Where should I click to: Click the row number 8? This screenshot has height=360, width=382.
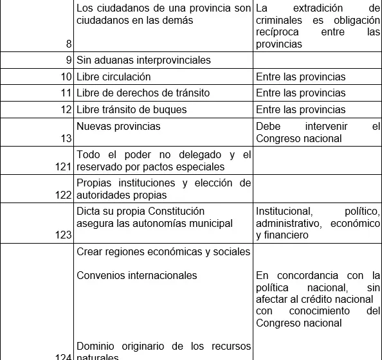pyautogui.click(x=68, y=44)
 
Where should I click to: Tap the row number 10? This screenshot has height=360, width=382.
pyautogui.click(x=66, y=77)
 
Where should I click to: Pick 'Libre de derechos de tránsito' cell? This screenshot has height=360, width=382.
pyautogui.click(x=143, y=93)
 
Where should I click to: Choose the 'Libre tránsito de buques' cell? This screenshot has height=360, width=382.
pyautogui.click(x=131, y=109)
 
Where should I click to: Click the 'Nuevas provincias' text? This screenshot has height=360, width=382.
pyautogui.click(x=118, y=126)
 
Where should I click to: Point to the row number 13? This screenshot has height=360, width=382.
pyautogui.click(x=66, y=138)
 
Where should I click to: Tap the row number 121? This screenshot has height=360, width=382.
pyautogui.click(x=63, y=166)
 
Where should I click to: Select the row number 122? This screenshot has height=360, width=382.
pyautogui.click(x=63, y=195)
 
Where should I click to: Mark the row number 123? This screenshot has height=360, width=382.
pyautogui.click(x=63, y=235)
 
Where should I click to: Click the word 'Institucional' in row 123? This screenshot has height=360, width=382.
pyautogui.click(x=284, y=212)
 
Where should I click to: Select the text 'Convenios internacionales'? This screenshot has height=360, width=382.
pyautogui.click(x=136, y=275)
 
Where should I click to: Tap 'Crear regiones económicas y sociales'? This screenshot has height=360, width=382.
pyautogui.click(x=163, y=252)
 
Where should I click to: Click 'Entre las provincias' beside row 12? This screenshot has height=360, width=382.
pyautogui.click(x=300, y=109)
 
